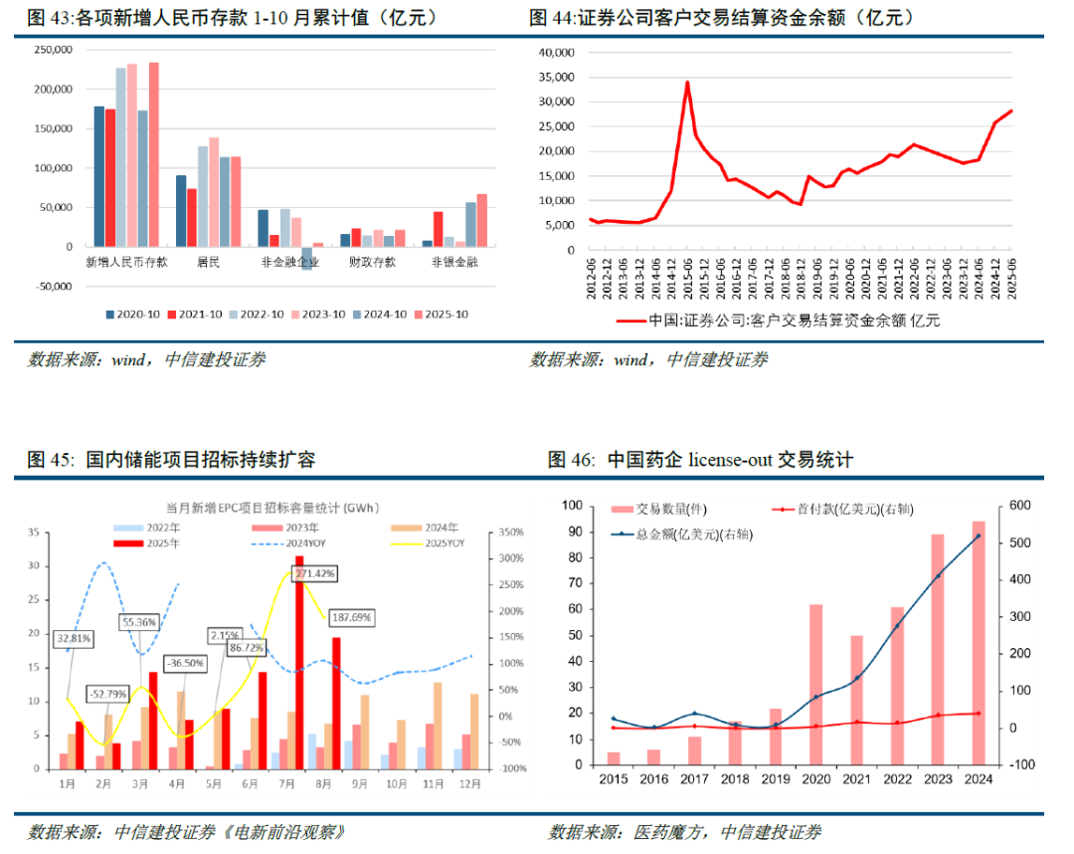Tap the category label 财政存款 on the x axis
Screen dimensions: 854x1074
[371, 263]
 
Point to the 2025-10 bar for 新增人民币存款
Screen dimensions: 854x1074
[154, 154]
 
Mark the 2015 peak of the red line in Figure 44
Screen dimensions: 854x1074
[687, 83]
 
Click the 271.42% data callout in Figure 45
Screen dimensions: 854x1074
[314, 574]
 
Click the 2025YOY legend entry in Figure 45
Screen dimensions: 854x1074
[438, 543]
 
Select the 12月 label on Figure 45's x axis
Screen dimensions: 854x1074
[466, 785]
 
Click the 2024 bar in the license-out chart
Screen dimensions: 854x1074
[979, 644]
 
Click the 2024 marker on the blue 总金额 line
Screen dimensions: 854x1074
[979, 535]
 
